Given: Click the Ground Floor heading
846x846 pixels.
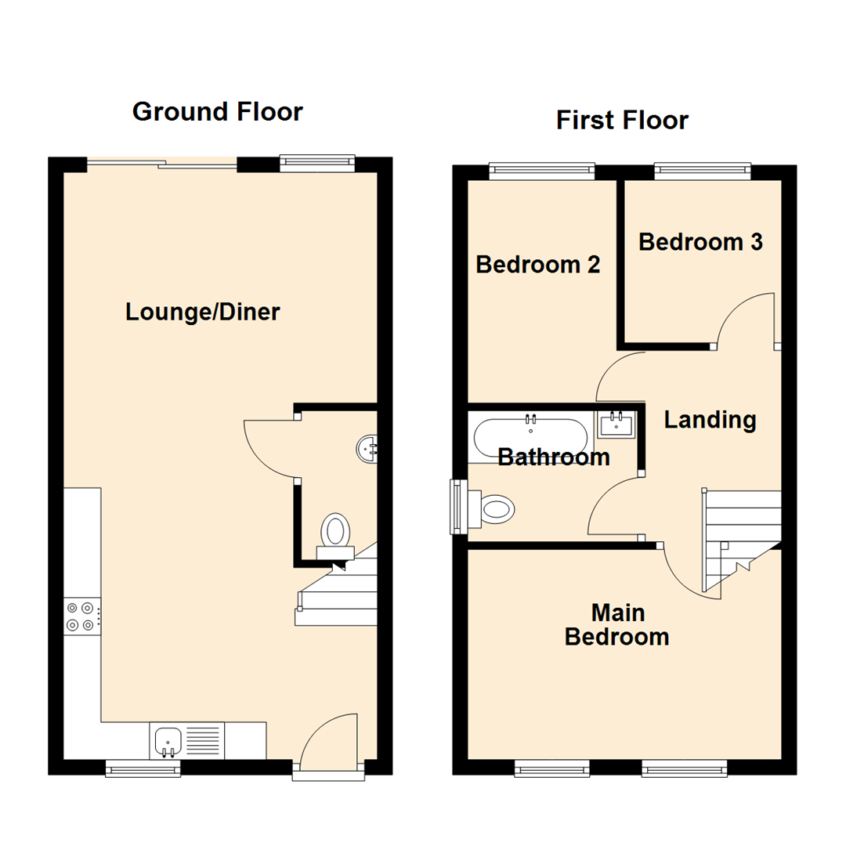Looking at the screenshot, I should (217, 112).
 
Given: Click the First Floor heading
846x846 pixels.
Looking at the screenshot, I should (622, 121).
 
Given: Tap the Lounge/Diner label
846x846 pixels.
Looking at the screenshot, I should (202, 313).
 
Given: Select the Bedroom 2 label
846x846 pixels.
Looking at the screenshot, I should (538, 265).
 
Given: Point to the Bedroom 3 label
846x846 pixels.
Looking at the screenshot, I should (700, 242).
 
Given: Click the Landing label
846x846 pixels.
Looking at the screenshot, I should (710, 421).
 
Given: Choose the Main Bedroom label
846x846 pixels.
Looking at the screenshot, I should (616, 624).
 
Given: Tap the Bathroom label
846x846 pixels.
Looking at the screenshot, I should (554, 457).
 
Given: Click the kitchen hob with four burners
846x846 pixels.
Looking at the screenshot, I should (81, 616).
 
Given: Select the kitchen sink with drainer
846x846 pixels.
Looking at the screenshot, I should (186, 741).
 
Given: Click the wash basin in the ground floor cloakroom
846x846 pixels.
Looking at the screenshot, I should (368, 449).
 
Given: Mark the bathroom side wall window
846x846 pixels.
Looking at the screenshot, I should (457, 507).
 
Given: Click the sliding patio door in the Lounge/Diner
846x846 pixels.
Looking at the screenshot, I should (161, 164).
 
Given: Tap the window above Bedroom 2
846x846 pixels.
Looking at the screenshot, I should (541, 169).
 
